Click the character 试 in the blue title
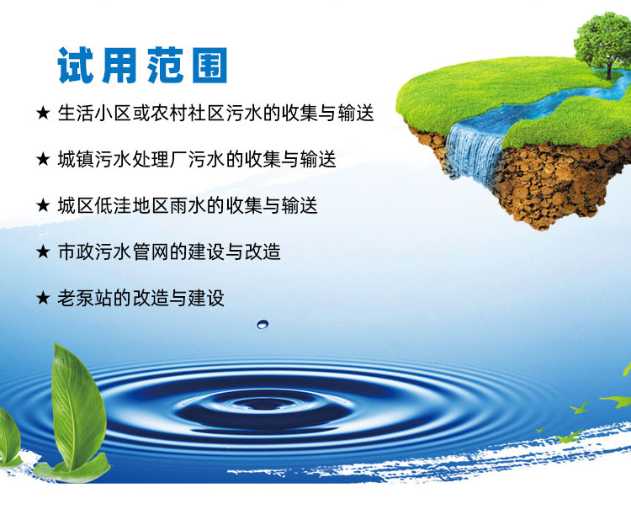tap(76, 65)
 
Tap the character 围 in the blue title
tap(209, 65)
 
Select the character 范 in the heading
tap(166, 65)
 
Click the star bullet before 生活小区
tap(43, 114)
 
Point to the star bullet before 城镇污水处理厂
tap(43, 160)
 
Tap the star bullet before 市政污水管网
tap(43, 252)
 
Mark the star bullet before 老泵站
tap(43, 299)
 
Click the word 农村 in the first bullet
tap(169, 114)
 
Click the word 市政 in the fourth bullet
tap(76, 252)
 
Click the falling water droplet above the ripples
tap(262, 324)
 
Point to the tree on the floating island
tap(603, 42)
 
